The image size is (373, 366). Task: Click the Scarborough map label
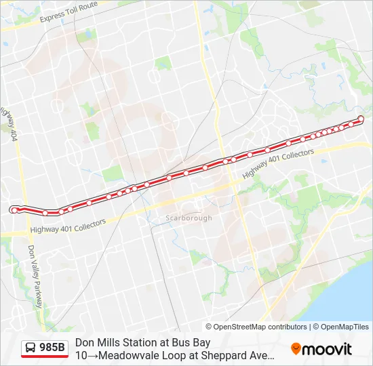pyautogui.click(x=189, y=218)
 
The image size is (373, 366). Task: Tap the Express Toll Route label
pyautogui.click(x=68, y=12)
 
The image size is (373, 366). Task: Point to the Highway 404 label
pyautogui.click(x=9, y=123)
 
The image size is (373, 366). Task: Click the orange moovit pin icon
pyautogui.click(x=296, y=349)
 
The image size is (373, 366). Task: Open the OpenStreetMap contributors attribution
pyautogui.click(x=260, y=327)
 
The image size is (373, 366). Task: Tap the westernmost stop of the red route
pyautogui.click(x=14, y=211)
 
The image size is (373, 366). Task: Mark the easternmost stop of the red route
pyautogui.click(x=361, y=119)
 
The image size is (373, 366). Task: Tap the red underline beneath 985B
pyautogui.click(x=45, y=357)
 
